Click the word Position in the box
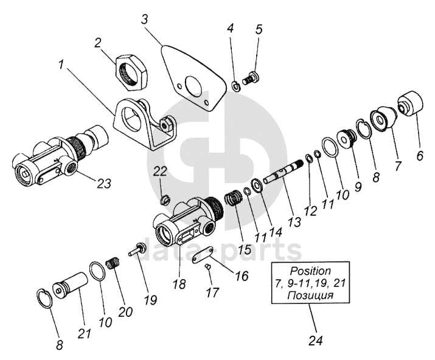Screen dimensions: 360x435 click(x=310, y=270)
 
